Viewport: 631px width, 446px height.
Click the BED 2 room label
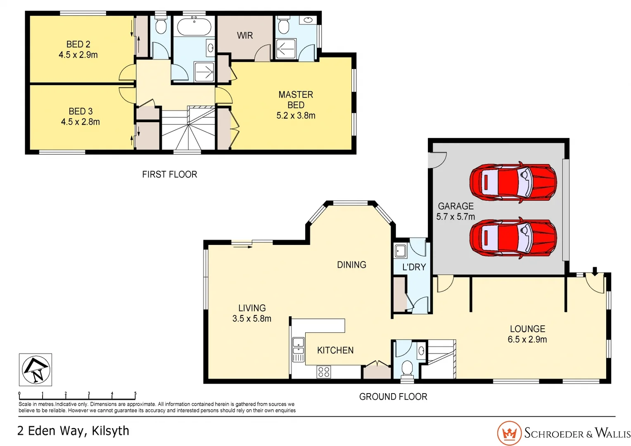click(x=78, y=44)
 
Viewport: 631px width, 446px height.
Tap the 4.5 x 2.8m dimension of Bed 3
click(x=80, y=122)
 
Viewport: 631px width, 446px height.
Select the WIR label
click(x=244, y=36)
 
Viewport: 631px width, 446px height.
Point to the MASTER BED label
click(x=296, y=100)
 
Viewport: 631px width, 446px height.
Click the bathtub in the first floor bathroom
click(x=194, y=27)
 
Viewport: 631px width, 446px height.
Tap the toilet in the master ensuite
click(x=283, y=25)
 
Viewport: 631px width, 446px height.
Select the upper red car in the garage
click(x=512, y=182)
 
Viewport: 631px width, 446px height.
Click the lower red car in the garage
click(x=512, y=238)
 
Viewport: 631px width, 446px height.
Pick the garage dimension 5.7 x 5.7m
click(x=455, y=216)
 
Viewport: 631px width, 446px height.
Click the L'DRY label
click(x=414, y=267)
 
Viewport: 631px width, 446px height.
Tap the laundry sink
click(x=400, y=251)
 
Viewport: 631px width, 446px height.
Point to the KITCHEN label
click(x=335, y=350)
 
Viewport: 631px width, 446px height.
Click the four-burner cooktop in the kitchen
click(x=324, y=372)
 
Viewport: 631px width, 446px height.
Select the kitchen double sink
click(x=298, y=349)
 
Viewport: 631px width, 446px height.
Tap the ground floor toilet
click(x=407, y=368)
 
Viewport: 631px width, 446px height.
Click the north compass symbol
click(x=36, y=370)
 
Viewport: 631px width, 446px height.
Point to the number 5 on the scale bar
click(x=135, y=393)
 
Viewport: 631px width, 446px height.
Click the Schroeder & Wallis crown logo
click(x=509, y=433)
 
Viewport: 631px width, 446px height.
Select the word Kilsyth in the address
click(x=110, y=431)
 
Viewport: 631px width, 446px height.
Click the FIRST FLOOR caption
click(x=169, y=174)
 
